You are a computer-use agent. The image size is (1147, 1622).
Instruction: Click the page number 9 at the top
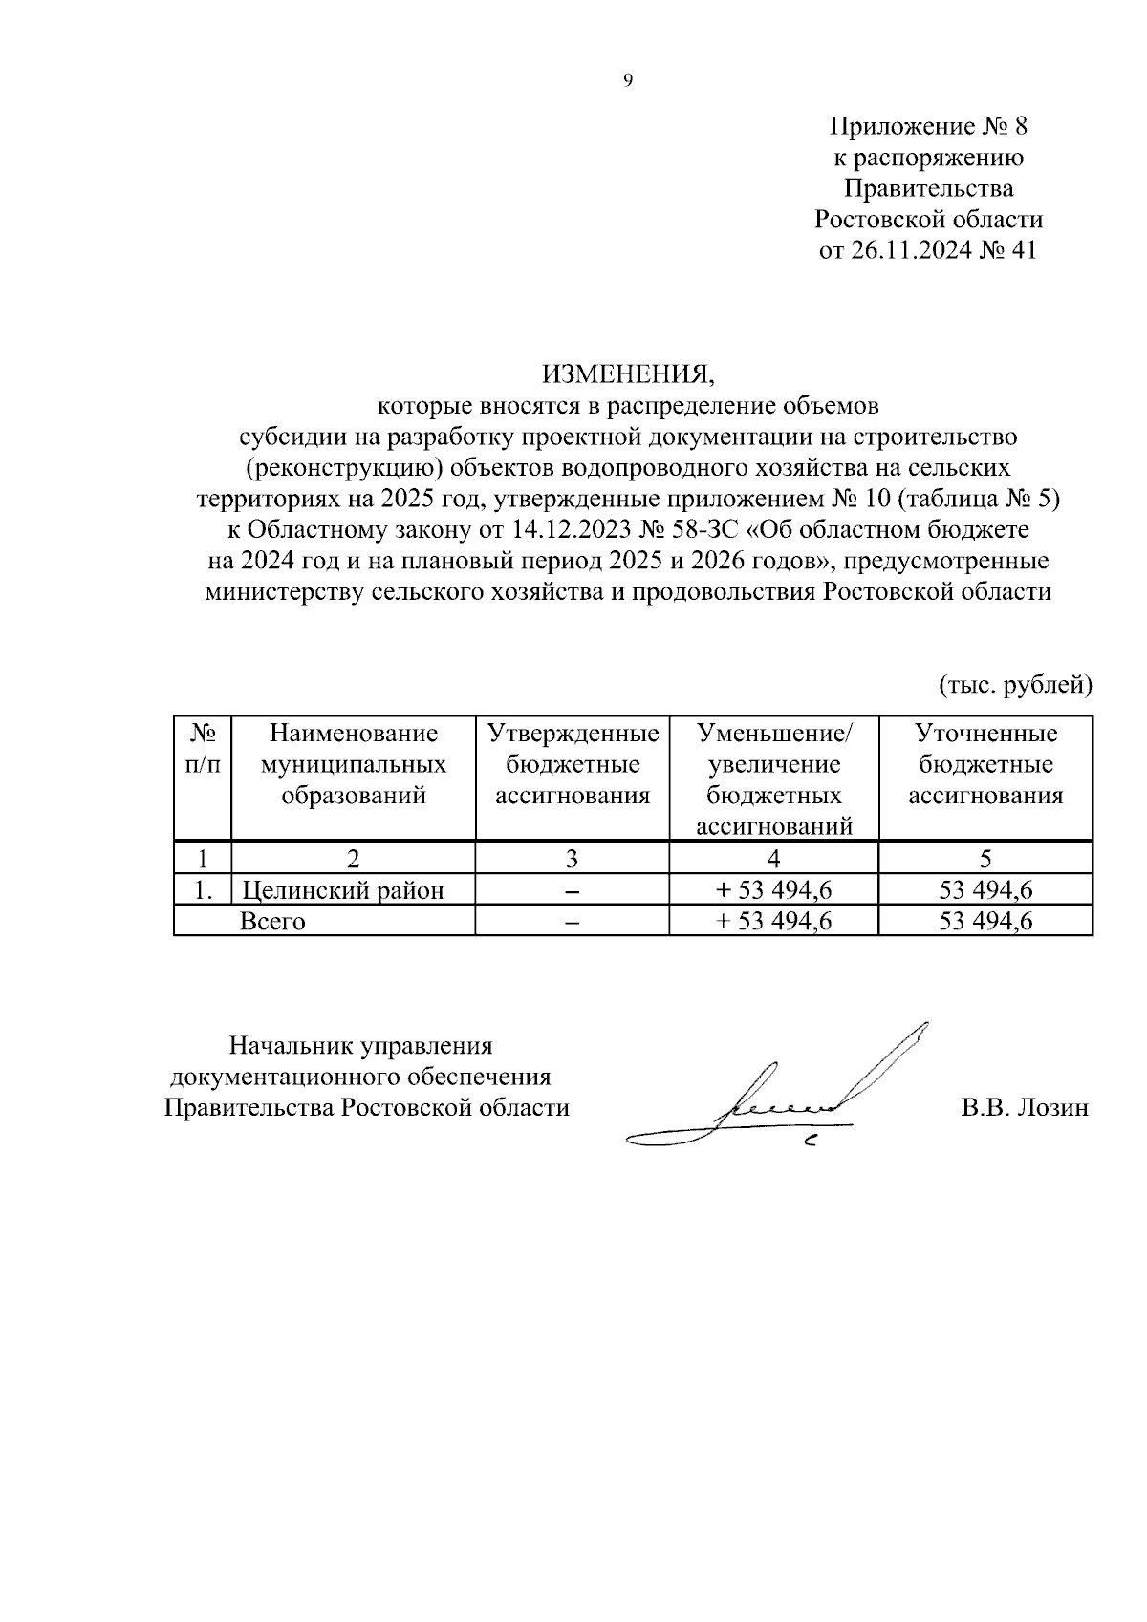click(x=627, y=81)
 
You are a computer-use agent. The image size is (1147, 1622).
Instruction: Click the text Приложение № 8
click(x=927, y=127)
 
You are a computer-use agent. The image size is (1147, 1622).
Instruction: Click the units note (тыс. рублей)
click(x=1014, y=684)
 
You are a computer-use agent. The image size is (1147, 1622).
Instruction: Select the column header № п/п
click(x=202, y=749)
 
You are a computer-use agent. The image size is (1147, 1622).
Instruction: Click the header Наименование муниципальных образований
click(x=353, y=764)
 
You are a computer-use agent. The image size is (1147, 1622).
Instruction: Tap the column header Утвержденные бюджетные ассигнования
click(x=573, y=764)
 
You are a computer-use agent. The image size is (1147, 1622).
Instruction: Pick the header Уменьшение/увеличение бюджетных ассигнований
click(x=773, y=779)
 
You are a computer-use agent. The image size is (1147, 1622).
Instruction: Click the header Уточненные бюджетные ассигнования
click(x=985, y=764)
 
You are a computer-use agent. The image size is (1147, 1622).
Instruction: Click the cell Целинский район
click(x=343, y=890)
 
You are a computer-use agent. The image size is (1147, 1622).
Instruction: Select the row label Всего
click(x=272, y=921)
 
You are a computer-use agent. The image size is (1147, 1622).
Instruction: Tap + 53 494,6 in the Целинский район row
click(x=773, y=890)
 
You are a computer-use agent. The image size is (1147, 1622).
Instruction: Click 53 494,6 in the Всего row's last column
click(x=985, y=921)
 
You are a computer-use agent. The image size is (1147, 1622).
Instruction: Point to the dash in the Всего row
click(x=573, y=922)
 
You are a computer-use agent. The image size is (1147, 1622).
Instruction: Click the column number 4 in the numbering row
click(x=773, y=858)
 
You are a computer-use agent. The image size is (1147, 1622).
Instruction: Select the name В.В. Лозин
click(x=1025, y=1108)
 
